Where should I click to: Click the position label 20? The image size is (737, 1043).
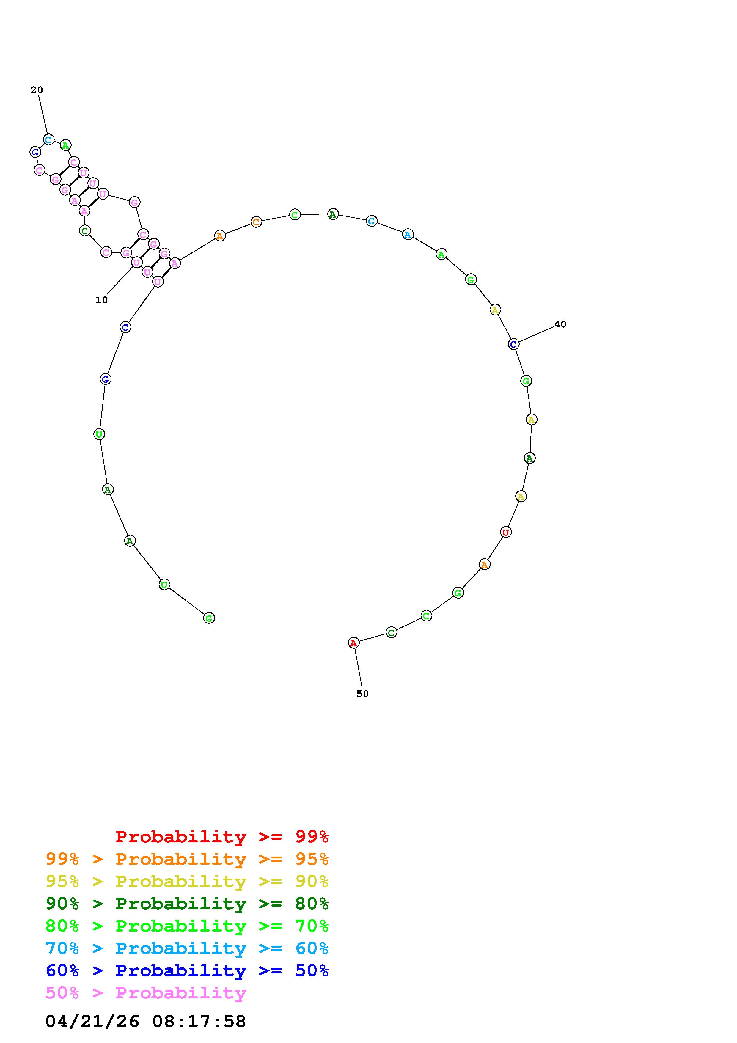(x=37, y=90)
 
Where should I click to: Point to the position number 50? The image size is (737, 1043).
(x=362, y=694)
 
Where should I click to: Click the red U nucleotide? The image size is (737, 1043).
(x=506, y=532)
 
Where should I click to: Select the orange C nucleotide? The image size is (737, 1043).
(x=256, y=222)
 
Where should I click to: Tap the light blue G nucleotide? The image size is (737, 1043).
(x=371, y=221)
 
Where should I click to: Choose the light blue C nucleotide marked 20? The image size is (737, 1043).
(x=48, y=139)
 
